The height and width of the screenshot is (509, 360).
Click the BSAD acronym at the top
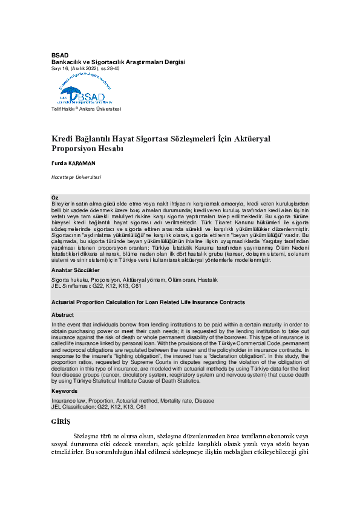coord(60,56)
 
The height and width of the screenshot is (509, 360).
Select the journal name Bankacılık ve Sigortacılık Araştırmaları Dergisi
coord(118,62)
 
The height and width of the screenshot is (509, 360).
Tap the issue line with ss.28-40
coord(85,69)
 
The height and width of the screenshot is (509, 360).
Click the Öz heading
coord(55,198)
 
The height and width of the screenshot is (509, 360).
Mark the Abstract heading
coord(62,315)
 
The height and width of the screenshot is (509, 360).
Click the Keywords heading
coord(65,391)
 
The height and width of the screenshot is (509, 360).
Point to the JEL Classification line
coord(99,407)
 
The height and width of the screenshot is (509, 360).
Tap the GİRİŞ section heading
coord(61,421)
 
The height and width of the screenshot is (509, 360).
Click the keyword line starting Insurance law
coord(133,401)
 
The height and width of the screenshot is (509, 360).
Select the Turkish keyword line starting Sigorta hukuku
coord(134,280)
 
